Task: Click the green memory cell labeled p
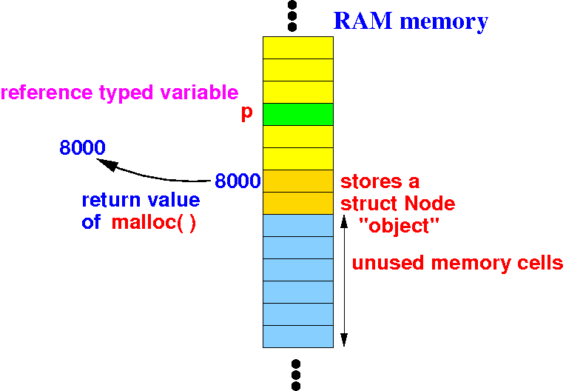point(298,114)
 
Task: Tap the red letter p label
point(247,113)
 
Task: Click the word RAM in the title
point(363,21)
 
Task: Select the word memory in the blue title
point(444,22)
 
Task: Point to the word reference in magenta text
point(47,93)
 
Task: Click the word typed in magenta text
point(126,93)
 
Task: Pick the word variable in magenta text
point(199,92)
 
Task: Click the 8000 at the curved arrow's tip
point(82,147)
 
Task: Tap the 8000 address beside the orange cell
point(237,181)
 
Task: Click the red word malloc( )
point(154,222)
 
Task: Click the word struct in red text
point(369,204)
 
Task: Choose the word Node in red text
point(430,204)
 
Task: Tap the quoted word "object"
point(400,226)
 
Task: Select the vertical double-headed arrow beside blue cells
point(344,281)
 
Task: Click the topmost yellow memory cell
point(298,47)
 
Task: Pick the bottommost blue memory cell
point(298,336)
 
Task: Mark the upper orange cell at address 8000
point(298,181)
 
